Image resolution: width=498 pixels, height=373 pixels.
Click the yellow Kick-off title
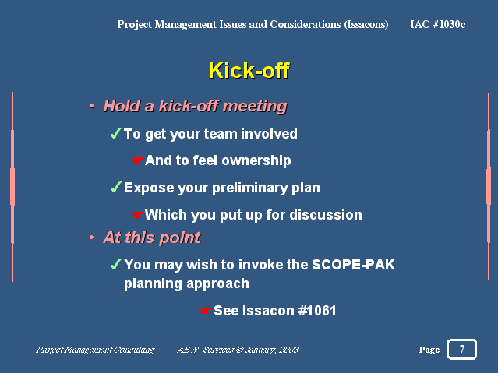coord(249,70)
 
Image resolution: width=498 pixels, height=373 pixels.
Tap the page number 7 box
coord(461,349)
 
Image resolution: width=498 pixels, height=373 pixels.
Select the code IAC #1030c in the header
coord(438,24)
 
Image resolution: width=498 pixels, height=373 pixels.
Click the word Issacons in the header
coord(366,24)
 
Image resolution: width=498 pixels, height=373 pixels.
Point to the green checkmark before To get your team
coord(115,133)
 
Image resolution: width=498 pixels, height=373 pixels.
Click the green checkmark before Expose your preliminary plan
coord(115,187)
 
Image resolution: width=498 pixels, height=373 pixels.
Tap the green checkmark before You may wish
coord(115,264)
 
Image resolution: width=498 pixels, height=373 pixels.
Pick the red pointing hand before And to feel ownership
coord(137,160)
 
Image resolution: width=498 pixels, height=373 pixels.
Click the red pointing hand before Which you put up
coord(137,215)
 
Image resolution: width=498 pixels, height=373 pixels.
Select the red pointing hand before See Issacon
coord(206,311)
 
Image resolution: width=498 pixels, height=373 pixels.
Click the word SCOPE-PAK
coord(353,265)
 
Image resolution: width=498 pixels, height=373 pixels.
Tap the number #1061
coord(317,311)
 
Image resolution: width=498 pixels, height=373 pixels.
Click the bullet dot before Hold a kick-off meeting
coord(92,106)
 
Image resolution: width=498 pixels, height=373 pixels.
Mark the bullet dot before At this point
coord(92,238)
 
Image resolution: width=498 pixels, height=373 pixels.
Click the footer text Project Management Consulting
coord(95,350)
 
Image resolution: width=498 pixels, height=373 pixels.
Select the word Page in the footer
coord(429,350)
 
